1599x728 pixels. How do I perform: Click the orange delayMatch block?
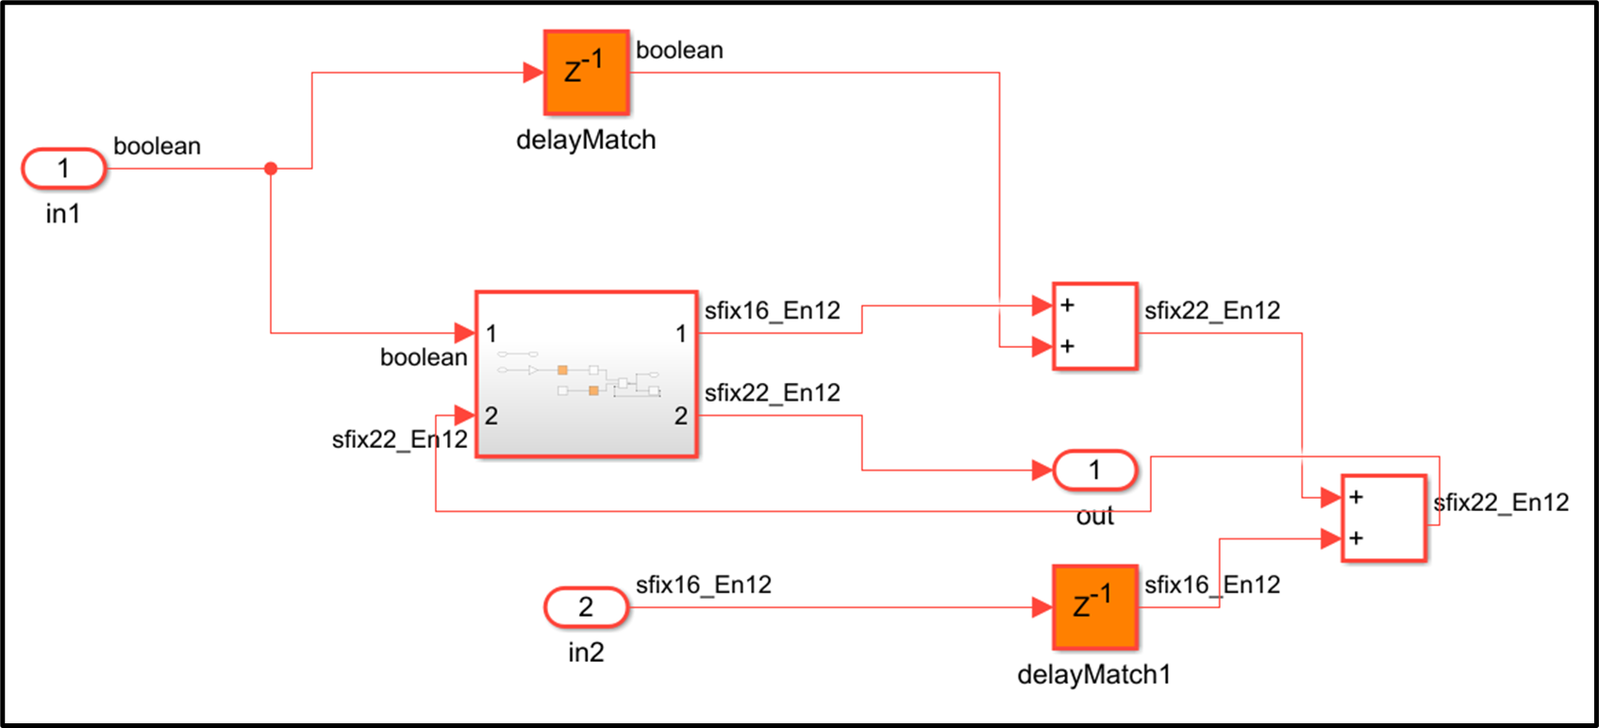[x=586, y=73]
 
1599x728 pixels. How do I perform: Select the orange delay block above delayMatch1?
[x=1094, y=607]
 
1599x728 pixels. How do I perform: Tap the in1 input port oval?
[x=63, y=169]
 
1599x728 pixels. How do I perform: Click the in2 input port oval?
[x=586, y=607]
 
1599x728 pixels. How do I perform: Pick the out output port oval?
[x=1094, y=470]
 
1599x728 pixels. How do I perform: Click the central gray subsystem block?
[x=586, y=374]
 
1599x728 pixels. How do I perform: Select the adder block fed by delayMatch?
[x=1094, y=325]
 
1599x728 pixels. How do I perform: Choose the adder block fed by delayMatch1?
[x=1383, y=518]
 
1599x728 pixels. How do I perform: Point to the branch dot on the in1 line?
[x=271, y=169]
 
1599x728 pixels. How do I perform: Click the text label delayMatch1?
[x=1094, y=674]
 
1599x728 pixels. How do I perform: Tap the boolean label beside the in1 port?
[x=157, y=146]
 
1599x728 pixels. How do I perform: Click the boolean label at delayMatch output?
[x=679, y=50]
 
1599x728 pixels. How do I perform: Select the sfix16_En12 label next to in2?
[x=703, y=585]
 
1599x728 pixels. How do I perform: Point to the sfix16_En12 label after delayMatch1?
[x=1212, y=585]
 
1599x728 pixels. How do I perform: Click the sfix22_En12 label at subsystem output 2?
[x=772, y=392]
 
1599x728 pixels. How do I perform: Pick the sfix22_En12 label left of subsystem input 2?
[x=399, y=439]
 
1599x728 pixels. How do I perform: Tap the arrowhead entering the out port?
[x=1042, y=470]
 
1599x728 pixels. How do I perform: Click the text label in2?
[x=586, y=653]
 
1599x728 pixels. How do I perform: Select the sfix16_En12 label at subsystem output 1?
[x=772, y=310]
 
